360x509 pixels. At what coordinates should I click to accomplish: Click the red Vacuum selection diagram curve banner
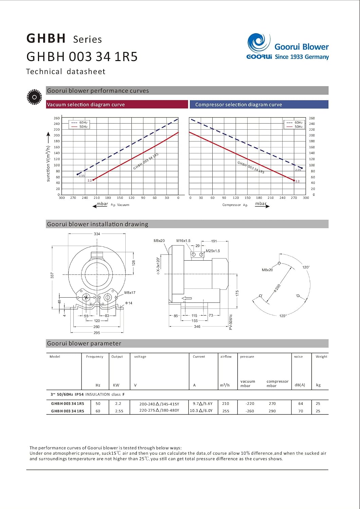point(117,104)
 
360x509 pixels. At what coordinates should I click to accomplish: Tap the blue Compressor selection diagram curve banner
point(259,104)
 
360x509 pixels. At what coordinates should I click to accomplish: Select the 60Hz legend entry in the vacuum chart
point(79,122)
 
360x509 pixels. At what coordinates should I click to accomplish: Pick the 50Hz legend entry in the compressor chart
point(295,127)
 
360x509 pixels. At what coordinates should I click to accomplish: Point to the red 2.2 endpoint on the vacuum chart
point(93,180)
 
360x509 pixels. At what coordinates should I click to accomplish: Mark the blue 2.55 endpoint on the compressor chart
point(302,168)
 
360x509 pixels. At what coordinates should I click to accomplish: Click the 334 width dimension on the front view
point(97,233)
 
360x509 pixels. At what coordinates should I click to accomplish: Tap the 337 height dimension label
point(52,276)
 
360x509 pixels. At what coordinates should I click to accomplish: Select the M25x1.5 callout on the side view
point(213,251)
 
